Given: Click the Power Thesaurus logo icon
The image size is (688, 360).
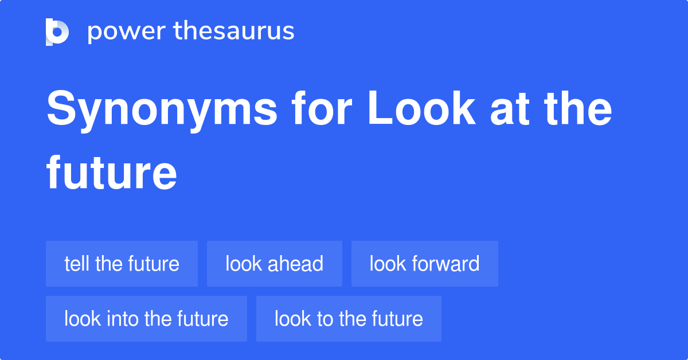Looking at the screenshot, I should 57,32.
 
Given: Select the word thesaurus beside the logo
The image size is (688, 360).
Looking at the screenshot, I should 234,32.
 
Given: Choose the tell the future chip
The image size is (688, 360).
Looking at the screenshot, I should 122,264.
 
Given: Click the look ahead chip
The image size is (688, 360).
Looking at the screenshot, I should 274,264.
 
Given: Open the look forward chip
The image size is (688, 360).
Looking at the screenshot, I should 424,264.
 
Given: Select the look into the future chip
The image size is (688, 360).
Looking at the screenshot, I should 146,319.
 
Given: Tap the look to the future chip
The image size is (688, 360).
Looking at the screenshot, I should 349,319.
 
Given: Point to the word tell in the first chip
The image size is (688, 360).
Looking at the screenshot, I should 77,264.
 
